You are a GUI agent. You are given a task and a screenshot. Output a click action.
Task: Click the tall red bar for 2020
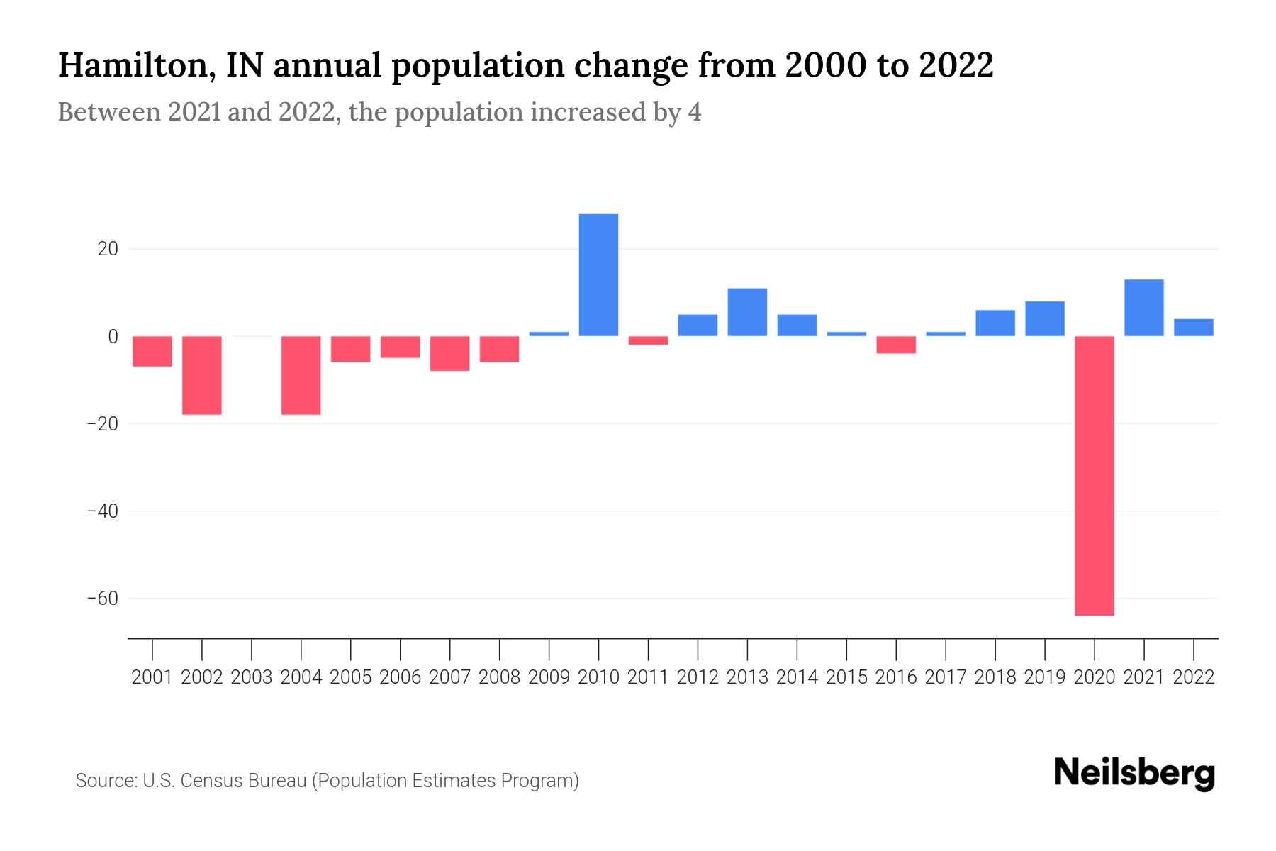1094,475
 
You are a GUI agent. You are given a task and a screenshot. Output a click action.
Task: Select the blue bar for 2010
598,275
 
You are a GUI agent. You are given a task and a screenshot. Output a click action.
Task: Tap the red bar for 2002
202,375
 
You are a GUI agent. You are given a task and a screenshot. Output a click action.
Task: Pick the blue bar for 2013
747,312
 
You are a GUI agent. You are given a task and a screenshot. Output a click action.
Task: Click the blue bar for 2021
1143,308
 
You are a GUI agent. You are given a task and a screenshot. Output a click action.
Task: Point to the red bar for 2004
301,375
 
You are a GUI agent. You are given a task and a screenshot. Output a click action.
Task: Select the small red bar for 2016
896,345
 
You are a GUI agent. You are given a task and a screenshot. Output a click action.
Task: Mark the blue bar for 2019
1044,318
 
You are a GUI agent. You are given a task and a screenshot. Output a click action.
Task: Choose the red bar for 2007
449,353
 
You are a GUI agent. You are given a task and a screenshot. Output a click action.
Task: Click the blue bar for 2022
1193,328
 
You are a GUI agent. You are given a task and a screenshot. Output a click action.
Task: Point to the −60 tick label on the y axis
102,599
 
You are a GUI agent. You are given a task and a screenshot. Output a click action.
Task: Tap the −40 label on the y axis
102,511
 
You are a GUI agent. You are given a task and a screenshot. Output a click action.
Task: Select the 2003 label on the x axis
252,677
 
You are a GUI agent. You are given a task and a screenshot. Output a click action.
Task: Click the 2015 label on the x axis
846,677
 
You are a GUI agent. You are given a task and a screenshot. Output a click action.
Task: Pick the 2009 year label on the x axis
549,677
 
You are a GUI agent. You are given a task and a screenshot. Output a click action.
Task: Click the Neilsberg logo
1134,773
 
